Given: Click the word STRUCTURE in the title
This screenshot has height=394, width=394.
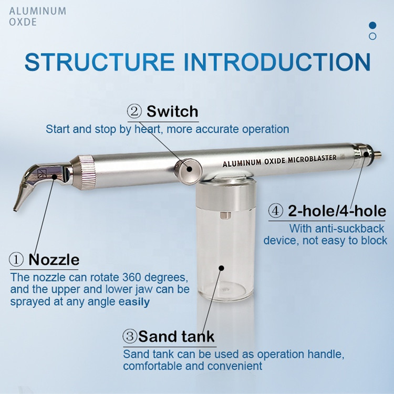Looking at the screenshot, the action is (x=99, y=62).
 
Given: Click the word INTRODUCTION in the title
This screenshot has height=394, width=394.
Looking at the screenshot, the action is (x=277, y=62).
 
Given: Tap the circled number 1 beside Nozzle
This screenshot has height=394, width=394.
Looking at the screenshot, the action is (x=16, y=260).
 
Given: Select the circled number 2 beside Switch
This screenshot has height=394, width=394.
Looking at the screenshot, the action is (x=134, y=111).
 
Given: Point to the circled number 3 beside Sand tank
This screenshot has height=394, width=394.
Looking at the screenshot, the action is (x=130, y=336).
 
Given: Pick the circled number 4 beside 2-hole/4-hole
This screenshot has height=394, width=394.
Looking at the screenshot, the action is (x=276, y=211).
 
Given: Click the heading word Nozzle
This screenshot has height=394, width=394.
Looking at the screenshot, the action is (x=54, y=260).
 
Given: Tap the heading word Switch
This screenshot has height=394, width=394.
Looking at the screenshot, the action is (x=172, y=111).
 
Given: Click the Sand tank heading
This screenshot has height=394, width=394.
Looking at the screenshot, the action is (x=176, y=336).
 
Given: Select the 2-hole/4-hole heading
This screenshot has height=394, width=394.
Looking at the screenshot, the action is (x=337, y=211).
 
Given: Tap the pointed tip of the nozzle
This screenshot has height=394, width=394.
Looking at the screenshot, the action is (x=15, y=209).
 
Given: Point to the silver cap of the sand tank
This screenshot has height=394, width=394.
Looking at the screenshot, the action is (x=225, y=196).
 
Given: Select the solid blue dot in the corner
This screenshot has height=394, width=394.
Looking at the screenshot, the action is (x=372, y=25).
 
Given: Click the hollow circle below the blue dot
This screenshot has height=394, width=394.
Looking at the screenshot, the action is (x=372, y=36).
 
